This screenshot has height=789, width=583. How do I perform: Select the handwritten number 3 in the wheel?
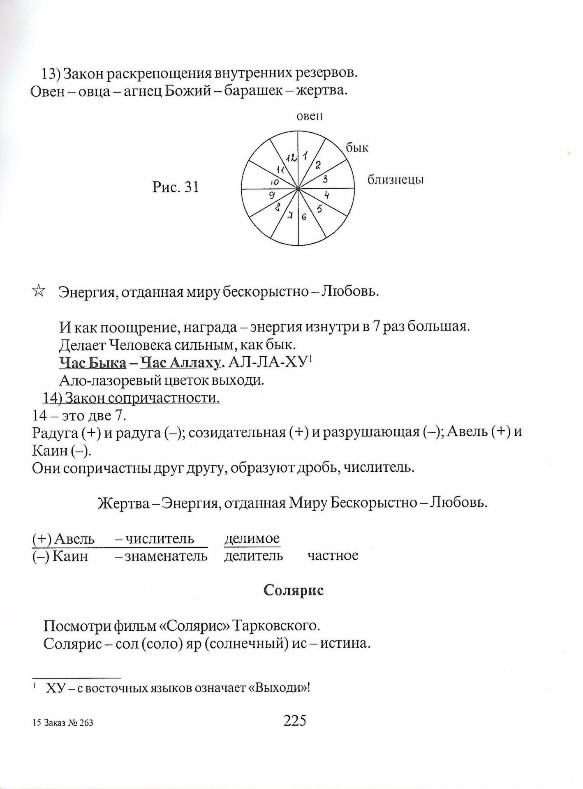(325, 179)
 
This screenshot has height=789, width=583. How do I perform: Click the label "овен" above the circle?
(310, 116)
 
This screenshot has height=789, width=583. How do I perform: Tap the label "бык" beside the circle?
(357, 148)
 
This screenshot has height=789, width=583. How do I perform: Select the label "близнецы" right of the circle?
(395, 180)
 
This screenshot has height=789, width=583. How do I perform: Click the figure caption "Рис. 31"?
(176, 187)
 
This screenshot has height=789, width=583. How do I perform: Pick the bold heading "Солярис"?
(293, 591)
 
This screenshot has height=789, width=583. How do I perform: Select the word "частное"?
(333, 556)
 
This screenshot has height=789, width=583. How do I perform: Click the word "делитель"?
(254, 556)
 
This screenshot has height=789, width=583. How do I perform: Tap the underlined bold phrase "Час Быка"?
(93, 362)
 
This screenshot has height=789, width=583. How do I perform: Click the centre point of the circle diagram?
(298, 189)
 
